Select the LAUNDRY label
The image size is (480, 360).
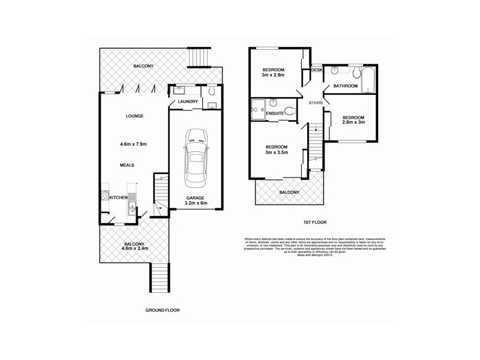click(188, 102)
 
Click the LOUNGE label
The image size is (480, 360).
click(133, 116)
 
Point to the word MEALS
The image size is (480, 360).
click(126, 165)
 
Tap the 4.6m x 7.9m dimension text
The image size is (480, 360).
click(133, 144)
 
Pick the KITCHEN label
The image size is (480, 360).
click(117, 197)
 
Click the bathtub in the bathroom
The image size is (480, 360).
click(367, 78)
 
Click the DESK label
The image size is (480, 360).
click(317, 70)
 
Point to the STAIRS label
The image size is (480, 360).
click(316, 103)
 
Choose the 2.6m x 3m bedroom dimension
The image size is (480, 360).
click(354, 122)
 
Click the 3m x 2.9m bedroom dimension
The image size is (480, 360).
click(273, 76)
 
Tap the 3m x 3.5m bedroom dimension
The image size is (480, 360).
click(275, 152)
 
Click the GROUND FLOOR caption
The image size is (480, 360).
click(163, 310)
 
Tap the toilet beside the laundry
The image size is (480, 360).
click(212, 92)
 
